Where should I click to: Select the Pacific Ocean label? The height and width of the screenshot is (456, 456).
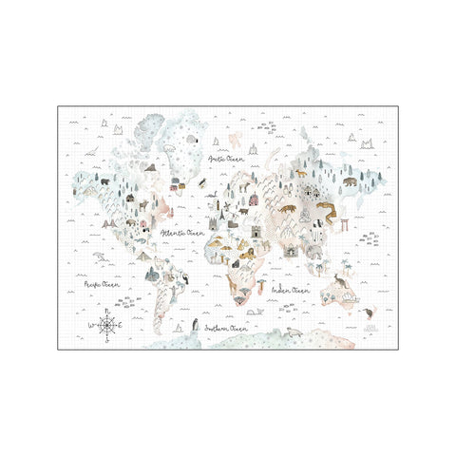pyautogui.click(x=102, y=282)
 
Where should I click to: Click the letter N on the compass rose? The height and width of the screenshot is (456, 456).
pyautogui.click(x=107, y=312)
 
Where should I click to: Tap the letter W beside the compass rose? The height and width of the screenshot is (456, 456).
pyautogui.click(x=92, y=326)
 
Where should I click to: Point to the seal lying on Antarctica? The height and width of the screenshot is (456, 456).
pyautogui.click(x=295, y=333)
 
